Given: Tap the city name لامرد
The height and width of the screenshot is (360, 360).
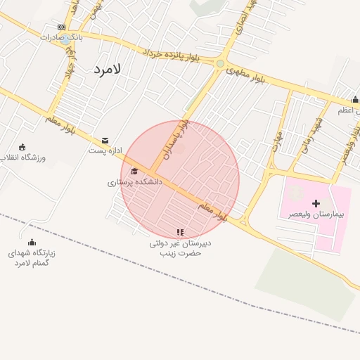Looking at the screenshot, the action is (x=107, y=69).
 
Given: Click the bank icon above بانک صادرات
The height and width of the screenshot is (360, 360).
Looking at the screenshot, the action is (x=62, y=27).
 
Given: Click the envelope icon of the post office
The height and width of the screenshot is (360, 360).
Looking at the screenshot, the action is (x=105, y=141).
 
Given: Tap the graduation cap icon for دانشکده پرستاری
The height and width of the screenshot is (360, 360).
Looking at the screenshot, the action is (x=134, y=171).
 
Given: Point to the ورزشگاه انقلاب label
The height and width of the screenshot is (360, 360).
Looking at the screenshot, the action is (x=25, y=157).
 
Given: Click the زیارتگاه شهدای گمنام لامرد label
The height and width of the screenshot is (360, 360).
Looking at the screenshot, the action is (x=32, y=257).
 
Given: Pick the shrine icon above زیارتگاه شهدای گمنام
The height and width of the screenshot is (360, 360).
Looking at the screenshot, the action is (x=32, y=243).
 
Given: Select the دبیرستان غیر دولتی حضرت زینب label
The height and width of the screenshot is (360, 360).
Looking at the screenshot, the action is (x=180, y=247).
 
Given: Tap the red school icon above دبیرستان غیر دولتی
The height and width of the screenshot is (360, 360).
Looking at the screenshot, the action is (x=180, y=232).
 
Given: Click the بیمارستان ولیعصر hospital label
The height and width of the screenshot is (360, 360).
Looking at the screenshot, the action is (x=315, y=213).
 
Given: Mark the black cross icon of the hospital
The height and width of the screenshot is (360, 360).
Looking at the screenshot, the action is (x=316, y=203).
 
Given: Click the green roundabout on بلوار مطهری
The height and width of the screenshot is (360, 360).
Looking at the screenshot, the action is (x=220, y=64).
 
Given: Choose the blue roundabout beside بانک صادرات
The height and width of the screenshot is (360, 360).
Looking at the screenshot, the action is (x=65, y=40).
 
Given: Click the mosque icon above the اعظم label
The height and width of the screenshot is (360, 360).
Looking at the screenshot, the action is (x=355, y=100).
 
